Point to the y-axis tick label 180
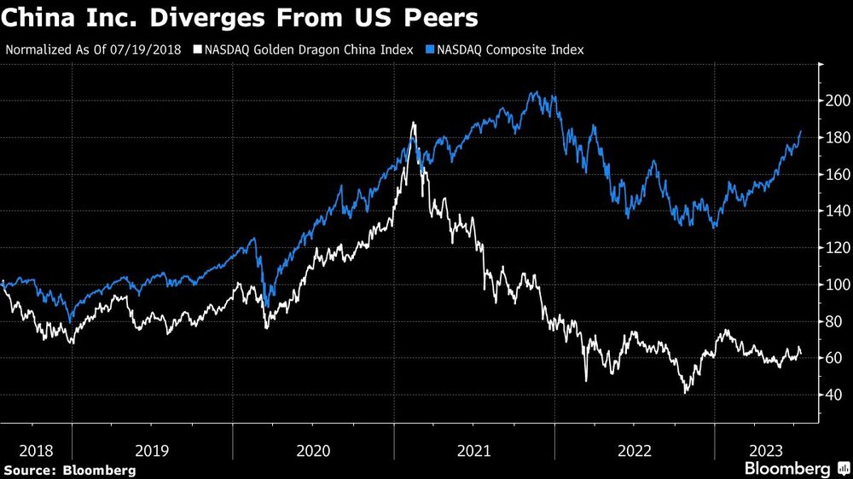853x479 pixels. [835, 138]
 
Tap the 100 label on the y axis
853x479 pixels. [835, 285]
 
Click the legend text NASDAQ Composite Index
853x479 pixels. [509, 49]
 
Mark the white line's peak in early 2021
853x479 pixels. [414, 124]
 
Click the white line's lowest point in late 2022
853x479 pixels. [686, 392]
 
